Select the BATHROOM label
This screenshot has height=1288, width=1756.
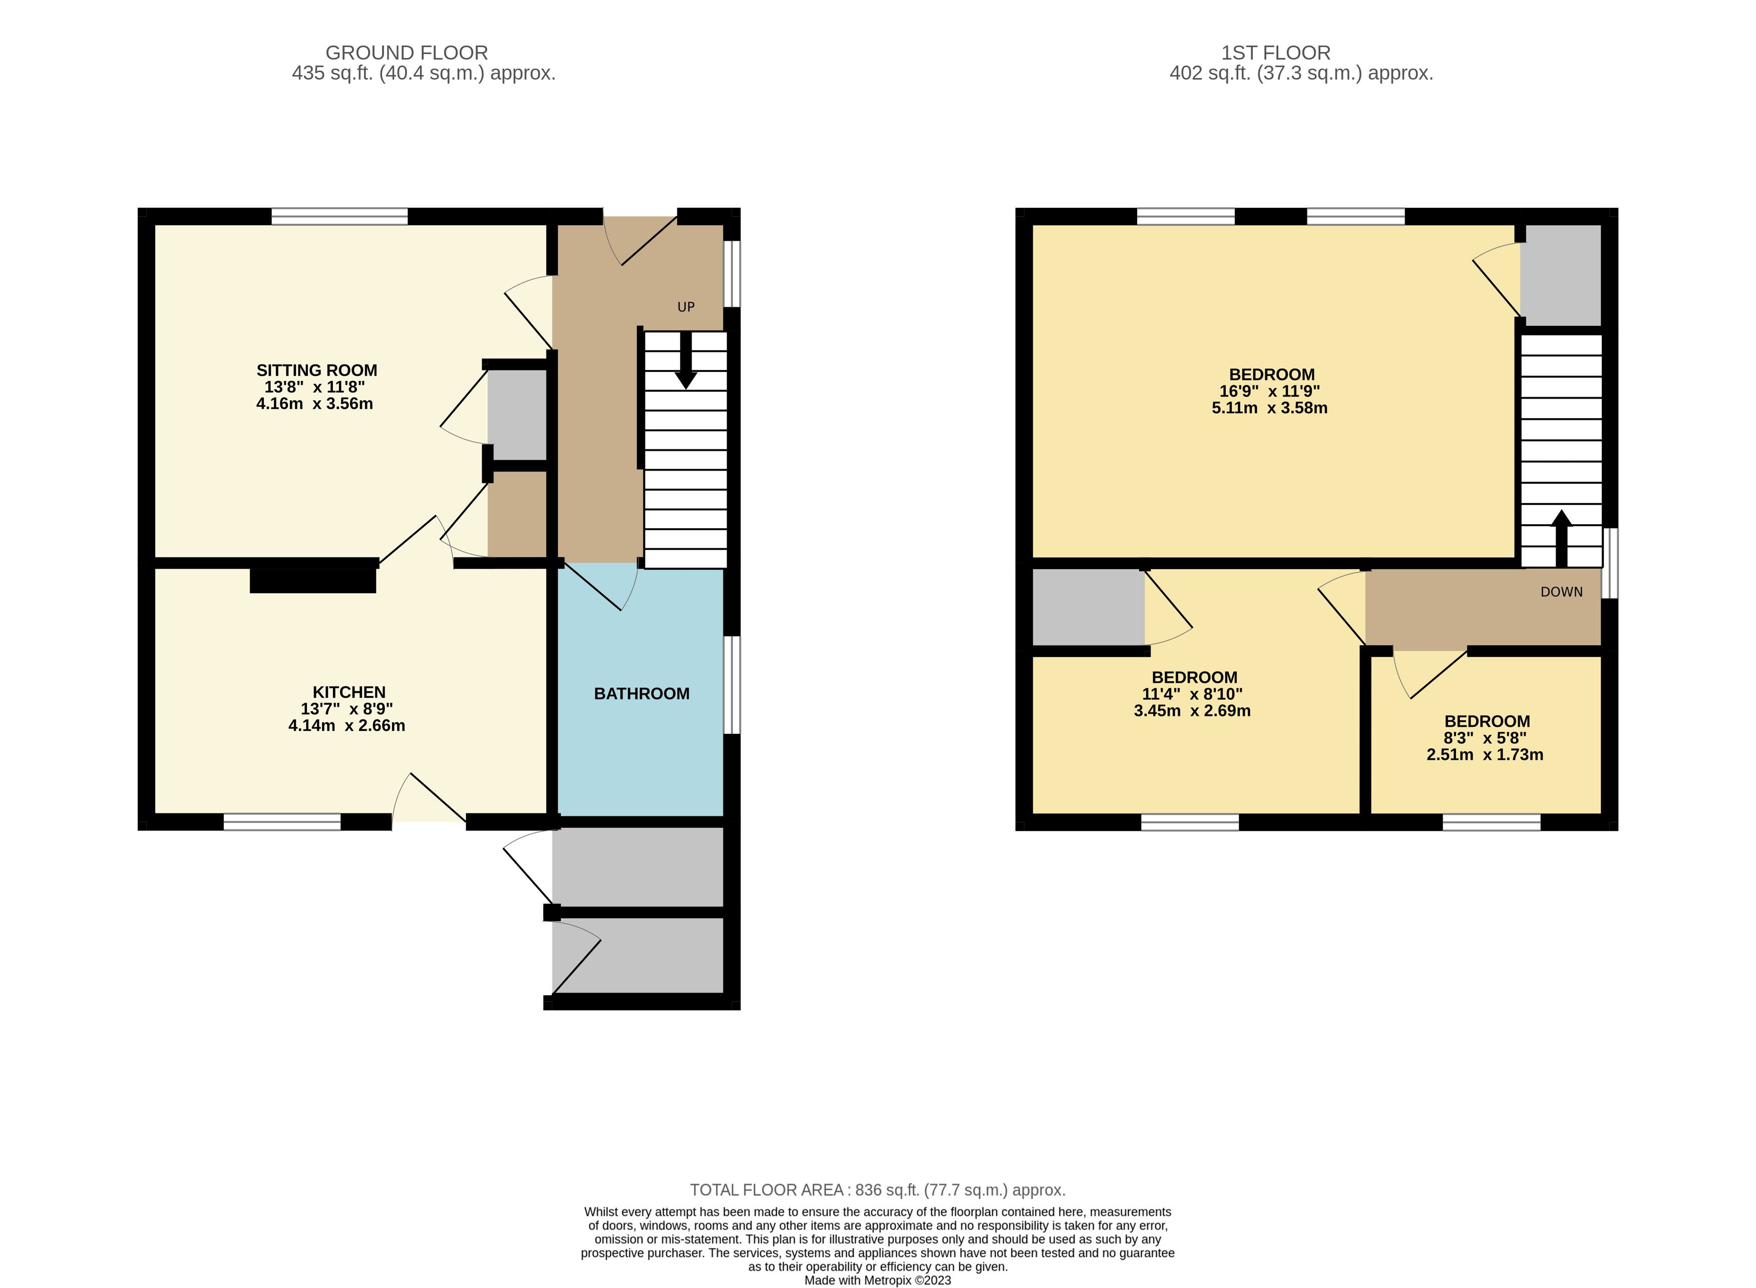click(x=642, y=694)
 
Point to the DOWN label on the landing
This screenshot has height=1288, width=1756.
click(x=1562, y=592)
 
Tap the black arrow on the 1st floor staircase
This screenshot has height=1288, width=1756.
click(x=1561, y=538)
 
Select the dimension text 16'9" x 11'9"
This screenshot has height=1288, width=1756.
click(x=1270, y=391)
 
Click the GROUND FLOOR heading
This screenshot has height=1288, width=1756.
click(x=406, y=53)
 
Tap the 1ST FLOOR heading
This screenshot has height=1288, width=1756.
click(x=1276, y=53)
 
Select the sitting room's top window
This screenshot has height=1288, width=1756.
click(x=339, y=216)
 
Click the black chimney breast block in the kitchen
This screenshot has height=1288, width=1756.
click(x=312, y=581)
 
